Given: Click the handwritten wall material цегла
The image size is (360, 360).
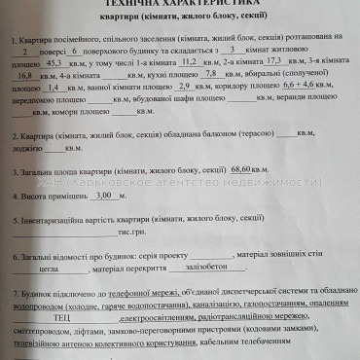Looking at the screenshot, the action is (x=49, y=270).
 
